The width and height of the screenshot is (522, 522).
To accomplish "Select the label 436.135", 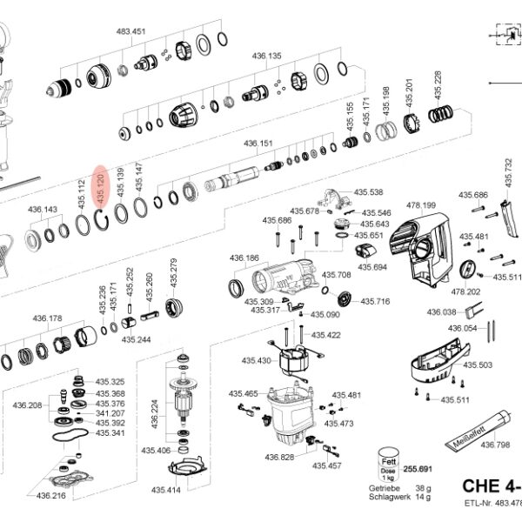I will coord(268,56).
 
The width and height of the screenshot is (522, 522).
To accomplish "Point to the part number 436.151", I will coord(258,144).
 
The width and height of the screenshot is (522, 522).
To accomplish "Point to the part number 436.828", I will coord(279,457).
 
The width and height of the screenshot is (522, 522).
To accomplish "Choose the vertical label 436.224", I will coord(155,415).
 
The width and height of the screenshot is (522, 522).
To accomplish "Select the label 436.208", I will coord(27,405).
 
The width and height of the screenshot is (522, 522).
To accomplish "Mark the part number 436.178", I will coord(49,318).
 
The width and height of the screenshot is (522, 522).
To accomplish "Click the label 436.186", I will coord(244,258).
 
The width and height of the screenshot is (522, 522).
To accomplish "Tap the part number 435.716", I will coord(377,302).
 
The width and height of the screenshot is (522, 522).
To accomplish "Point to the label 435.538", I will coord(369,192).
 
